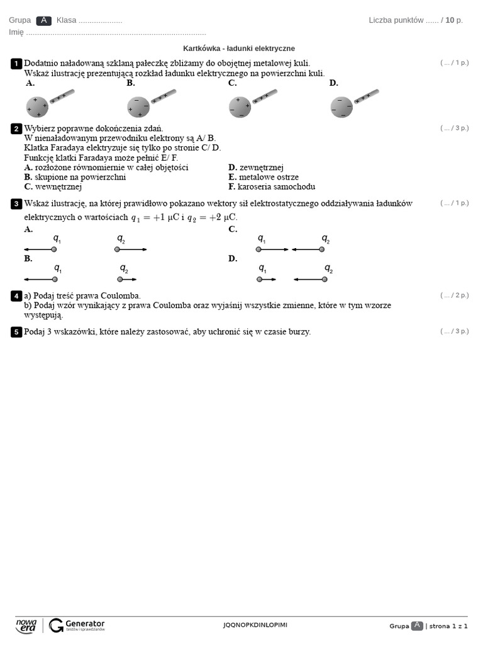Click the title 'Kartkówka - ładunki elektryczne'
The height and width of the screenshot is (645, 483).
tap(238, 49)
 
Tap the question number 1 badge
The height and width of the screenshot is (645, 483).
tap(16, 64)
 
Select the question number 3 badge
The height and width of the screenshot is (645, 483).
tap(16, 203)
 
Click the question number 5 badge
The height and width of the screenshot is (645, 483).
tap(16, 332)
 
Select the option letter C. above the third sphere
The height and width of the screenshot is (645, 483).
tap(232, 83)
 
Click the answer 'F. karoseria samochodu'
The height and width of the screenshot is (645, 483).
tap(272, 186)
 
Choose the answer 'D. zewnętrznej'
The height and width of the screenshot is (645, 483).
tap(256, 168)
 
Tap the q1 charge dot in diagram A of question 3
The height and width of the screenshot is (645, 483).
tap(55, 250)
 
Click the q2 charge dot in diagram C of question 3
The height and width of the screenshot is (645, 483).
tap(322, 249)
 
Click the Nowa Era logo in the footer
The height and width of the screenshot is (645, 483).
tap(26, 625)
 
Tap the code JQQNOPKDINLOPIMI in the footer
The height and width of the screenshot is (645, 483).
tap(255, 625)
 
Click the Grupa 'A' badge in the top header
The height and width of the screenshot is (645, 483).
tap(43, 20)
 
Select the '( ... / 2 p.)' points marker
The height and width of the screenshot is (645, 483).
tap(454, 295)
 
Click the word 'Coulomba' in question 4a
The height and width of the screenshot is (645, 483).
tap(119, 295)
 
